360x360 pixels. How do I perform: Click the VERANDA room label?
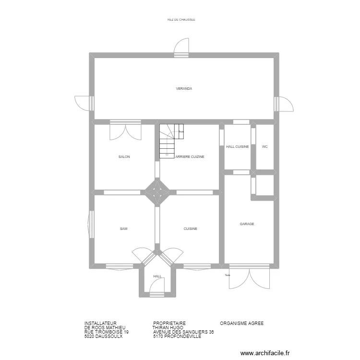click(x=184, y=89)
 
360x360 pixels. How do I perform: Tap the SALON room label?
click(x=124, y=157)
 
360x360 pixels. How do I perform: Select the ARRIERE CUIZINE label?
click(x=190, y=157)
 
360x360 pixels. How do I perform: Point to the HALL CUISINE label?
click(x=237, y=147)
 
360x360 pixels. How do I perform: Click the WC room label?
click(x=264, y=147)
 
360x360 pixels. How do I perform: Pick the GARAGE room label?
click(x=247, y=224)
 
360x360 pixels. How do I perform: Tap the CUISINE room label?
click(x=190, y=229)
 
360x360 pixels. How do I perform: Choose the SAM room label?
click(x=123, y=229)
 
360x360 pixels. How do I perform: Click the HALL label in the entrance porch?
click(x=157, y=276)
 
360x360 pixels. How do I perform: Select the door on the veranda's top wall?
click(x=181, y=48)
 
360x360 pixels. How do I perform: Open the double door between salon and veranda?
click(x=125, y=131)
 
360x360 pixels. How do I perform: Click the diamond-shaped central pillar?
click(x=157, y=192)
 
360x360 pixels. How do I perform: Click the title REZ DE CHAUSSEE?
click(x=181, y=20)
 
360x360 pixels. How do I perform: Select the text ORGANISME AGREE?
click(x=241, y=324)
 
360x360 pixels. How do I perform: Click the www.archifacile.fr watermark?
click(x=265, y=353)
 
